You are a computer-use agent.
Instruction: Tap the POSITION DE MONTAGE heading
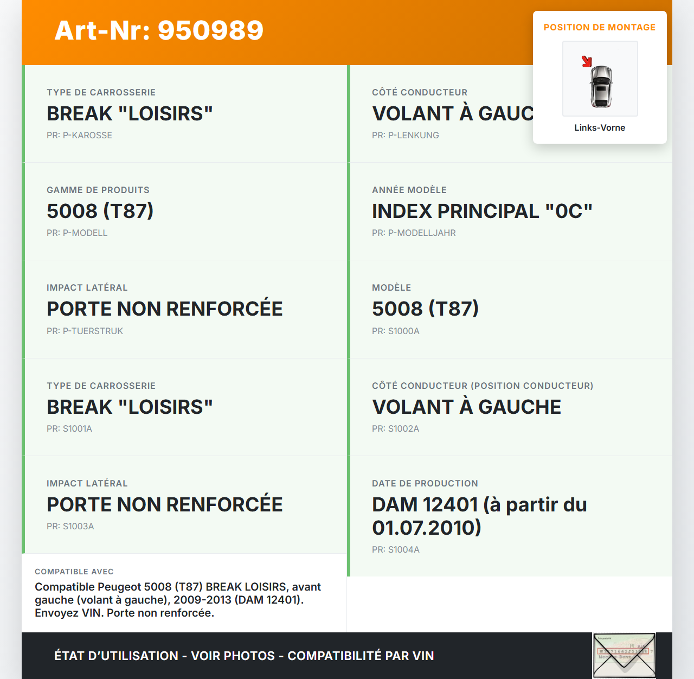(599, 27)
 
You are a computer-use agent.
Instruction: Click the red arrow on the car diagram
(587, 61)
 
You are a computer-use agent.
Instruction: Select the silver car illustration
(601, 86)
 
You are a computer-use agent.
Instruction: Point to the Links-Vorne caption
(600, 127)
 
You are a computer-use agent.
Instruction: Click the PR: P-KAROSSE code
(79, 135)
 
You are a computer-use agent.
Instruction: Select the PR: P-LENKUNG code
(405, 135)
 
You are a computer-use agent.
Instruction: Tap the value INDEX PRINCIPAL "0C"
(482, 211)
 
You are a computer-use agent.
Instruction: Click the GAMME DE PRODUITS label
(98, 190)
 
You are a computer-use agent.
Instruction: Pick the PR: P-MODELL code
(77, 233)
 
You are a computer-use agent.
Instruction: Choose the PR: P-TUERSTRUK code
(85, 331)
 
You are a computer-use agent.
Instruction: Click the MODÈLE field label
(391, 287)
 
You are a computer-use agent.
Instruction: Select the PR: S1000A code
(395, 331)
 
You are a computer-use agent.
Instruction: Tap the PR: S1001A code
(69, 428)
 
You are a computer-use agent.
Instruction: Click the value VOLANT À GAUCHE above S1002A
(466, 407)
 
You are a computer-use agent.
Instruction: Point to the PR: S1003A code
(70, 526)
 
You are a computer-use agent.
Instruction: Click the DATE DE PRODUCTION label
(425, 483)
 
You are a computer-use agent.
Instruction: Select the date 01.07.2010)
(426, 528)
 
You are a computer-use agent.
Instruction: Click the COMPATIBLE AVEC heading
(74, 572)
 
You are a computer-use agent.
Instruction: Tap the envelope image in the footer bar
(624, 655)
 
